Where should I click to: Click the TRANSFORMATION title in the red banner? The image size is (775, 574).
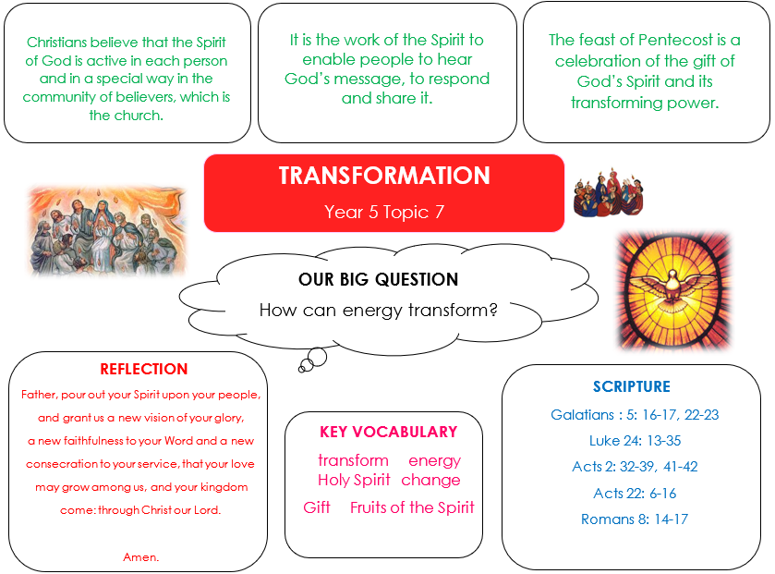384,176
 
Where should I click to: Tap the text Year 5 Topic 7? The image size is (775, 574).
384,212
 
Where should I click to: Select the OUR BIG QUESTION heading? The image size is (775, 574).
378,279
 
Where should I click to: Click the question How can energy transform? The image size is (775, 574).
378,310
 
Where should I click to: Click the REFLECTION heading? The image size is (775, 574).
144,369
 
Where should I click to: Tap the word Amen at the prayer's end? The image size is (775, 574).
140,557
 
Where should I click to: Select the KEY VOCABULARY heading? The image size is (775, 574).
389,432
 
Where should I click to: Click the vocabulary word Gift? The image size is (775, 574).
317,507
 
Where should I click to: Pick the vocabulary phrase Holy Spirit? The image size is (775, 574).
354,480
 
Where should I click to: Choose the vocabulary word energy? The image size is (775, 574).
434,461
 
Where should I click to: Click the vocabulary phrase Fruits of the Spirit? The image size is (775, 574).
412,507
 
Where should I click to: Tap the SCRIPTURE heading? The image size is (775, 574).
632,386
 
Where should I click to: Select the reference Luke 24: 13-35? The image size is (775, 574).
635,441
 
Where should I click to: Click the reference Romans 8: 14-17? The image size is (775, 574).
635,519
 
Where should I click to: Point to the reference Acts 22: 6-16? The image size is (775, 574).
635,493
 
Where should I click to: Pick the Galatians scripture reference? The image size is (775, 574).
635,414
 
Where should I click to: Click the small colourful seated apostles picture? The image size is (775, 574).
609,192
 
